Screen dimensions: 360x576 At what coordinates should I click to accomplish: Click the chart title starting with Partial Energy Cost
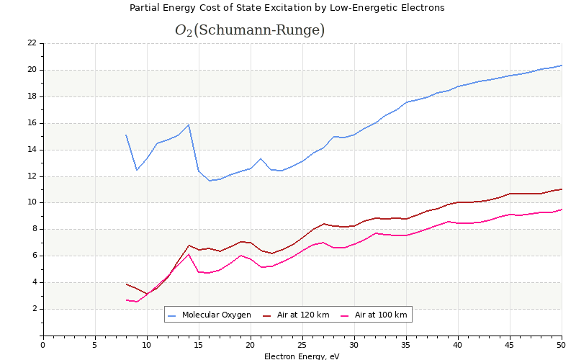click(x=287, y=8)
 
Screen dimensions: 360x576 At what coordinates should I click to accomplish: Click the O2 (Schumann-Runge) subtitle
click(x=249, y=30)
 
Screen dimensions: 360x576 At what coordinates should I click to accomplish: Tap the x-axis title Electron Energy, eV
click(x=302, y=356)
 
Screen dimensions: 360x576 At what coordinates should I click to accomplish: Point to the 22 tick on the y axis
click(x=32, y=43)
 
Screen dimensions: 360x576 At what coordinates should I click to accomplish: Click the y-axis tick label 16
click(x=32, y=123)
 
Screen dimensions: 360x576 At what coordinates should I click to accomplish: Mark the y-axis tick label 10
click(x=32, y=203)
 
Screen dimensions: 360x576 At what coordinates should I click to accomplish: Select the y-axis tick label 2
click(x=34, y=309)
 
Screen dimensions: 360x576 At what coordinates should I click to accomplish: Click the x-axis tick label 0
click(x=42, y=345)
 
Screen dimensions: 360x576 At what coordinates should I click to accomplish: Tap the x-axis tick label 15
click(x=198, y=345)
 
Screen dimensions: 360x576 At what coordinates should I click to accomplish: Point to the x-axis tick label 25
click(x=302, y=345)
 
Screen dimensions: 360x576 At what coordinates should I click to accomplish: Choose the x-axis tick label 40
click(x=458, y=345)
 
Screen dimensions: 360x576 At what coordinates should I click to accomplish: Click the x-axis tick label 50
click(x=562, y=345)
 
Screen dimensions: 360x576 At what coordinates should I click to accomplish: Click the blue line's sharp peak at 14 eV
click(x=188, y=125)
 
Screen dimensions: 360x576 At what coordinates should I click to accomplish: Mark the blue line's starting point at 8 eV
click(x=126, y=135)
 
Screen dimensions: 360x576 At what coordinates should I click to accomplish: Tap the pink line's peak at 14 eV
click(x=188, y=254)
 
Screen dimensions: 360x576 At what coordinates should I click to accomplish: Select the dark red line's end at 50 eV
click(x=562, y=189)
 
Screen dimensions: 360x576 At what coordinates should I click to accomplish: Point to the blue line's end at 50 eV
click(x=562, y=66)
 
